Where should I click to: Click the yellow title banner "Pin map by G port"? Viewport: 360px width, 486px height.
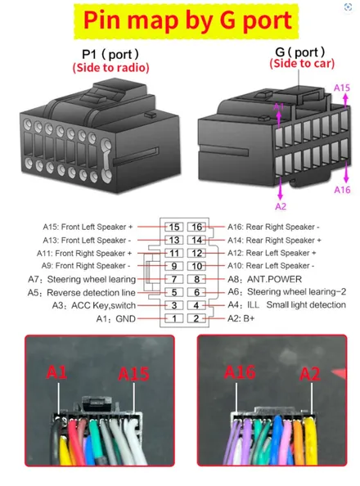186,21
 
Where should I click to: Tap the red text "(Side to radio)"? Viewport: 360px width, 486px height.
110,68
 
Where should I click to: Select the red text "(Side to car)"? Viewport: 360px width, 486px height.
302,64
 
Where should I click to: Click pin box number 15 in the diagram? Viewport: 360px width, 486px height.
174,227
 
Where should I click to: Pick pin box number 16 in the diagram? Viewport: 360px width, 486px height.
196,227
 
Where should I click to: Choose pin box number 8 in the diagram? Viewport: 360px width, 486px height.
196,279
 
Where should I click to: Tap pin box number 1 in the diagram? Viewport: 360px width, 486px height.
174,318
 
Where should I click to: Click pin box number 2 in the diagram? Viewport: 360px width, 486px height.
196,318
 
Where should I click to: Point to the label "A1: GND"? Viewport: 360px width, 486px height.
116,318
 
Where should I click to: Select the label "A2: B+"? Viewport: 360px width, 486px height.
241,318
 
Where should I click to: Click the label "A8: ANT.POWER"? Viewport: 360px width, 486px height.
265,279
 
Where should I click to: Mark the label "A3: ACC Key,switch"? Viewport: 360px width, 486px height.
94,306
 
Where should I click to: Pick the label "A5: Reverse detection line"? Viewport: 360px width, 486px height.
82,293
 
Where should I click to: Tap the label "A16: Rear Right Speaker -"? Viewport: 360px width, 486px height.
273,227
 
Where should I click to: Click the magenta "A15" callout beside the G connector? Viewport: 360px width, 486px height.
342,88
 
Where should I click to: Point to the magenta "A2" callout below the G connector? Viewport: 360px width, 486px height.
281,206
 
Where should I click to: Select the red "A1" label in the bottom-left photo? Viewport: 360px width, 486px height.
56,372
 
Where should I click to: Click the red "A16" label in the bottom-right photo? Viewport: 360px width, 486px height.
240,372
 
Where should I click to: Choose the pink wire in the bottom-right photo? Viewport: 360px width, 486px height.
287,440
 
